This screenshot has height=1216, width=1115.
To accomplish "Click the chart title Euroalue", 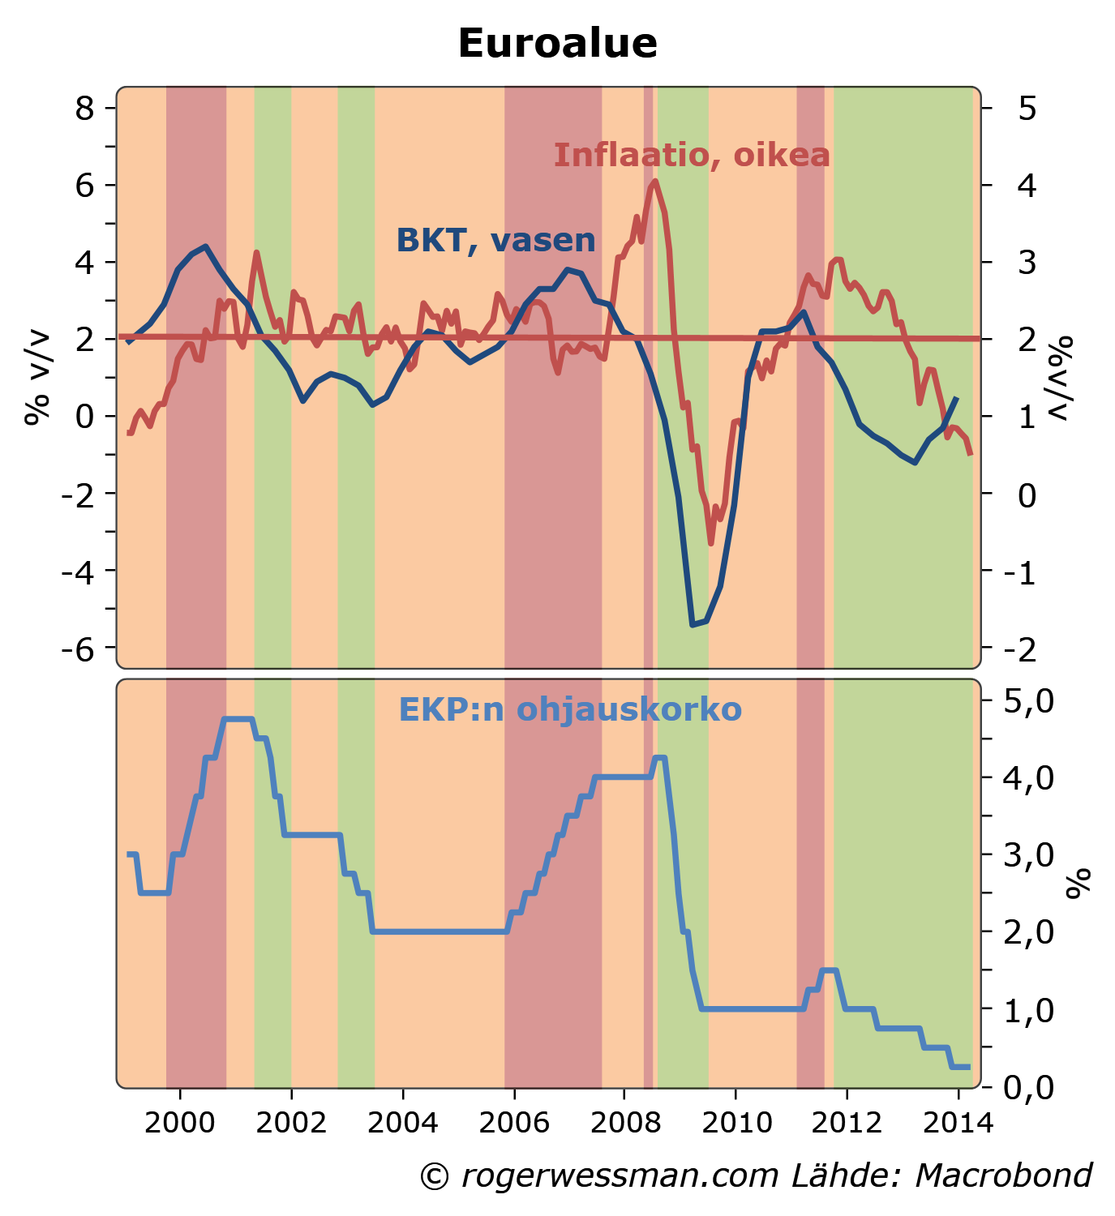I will tap(557, 44).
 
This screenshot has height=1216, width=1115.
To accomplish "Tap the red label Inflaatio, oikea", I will tap(692, 155).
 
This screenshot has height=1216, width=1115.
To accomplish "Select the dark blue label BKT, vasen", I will tap(495, 241).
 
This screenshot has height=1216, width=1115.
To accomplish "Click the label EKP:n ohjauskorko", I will tap(570, 710).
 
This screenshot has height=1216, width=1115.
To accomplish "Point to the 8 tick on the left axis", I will tap(84, 108).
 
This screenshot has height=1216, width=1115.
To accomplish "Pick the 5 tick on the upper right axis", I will tap(1027, 108).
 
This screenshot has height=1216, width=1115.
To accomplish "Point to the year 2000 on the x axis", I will tap(179, 1123).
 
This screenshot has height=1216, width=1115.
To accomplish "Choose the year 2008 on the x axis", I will tap(624, 1123).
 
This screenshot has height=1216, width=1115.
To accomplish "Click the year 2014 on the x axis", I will tap(958, 1123).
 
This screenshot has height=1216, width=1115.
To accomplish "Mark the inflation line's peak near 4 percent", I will tap(654, 181).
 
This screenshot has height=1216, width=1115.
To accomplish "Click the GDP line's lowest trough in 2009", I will tap(693, 625).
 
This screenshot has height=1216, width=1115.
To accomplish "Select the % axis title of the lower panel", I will tap(1079, 884).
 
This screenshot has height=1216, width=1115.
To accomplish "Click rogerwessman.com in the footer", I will tap(620, 1175).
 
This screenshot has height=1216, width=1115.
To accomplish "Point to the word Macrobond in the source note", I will tap(1004, 1175).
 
